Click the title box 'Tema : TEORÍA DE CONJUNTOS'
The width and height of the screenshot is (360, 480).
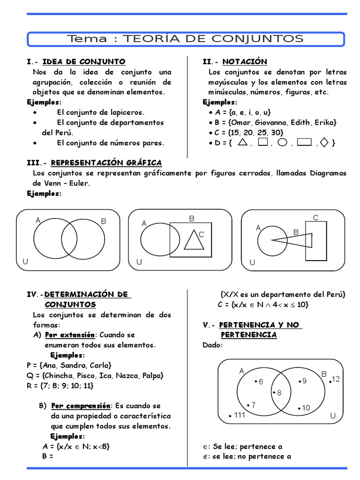tap(186, 39)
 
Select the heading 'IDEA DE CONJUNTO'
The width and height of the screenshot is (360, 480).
tap(84, 62)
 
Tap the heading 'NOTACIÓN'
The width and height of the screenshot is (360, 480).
tap(245, 62)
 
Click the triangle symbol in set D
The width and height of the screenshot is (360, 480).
tap(243, 142)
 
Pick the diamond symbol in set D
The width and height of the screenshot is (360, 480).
tap(326, 142)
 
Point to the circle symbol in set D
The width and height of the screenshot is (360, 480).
tap(282, 142)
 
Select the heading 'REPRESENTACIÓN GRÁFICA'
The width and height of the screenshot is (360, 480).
tap(106, 163)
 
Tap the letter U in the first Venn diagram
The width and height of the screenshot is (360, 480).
tap(25, 262)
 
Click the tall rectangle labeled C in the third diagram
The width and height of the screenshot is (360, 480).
tap(316, 241)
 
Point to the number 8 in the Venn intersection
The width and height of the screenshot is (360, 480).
tap(279, 393)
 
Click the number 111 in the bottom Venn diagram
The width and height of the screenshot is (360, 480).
tap(240, 415)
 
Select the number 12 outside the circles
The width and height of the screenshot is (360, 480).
tap(336, 379)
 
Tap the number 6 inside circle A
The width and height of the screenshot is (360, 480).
tap(261, 382)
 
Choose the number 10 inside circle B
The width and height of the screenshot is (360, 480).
tap(306, 408)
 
